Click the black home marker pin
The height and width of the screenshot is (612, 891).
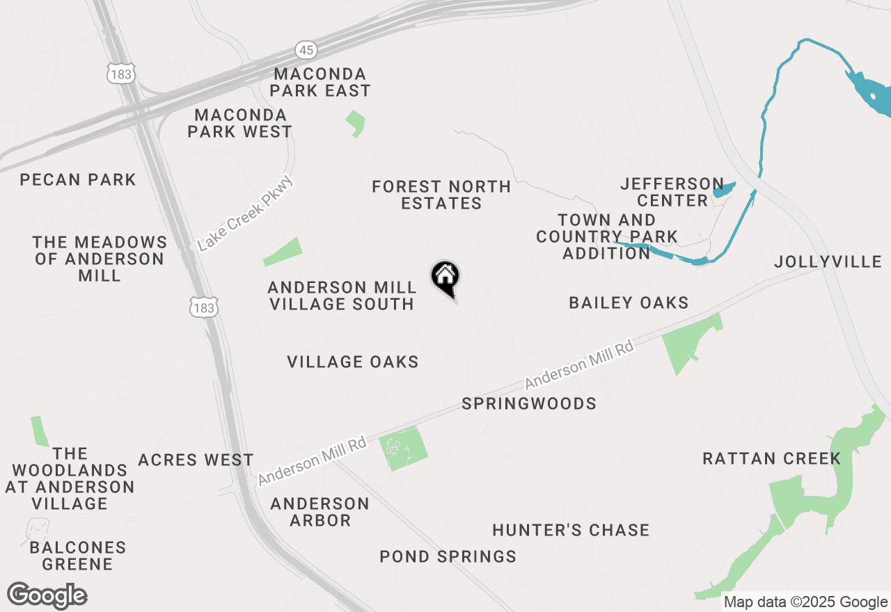[445, 278]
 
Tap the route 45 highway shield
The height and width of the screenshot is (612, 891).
[305, 50]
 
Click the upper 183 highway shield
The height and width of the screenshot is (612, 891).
[120, 73]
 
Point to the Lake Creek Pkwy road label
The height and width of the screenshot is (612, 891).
[246, 214]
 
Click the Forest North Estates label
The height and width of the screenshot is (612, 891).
[441, 195]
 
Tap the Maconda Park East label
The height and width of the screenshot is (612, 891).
[320, 82]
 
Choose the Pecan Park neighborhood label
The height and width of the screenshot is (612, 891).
[78, 180]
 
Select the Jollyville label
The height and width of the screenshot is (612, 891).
[828, 261]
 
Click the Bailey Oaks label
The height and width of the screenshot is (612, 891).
[629, 303]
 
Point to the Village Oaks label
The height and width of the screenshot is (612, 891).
[353, 362]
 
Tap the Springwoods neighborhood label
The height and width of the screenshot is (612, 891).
[529, 403]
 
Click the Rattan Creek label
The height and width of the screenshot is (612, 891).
[771, 458]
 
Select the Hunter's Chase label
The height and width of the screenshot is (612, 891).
[571, 530]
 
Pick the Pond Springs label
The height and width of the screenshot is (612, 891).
[448, 556]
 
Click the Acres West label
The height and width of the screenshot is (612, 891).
[196, 460]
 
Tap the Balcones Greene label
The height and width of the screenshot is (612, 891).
[77, 556]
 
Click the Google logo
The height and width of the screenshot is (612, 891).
[47, 596]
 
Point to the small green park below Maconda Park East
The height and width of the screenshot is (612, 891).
[356, 123]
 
